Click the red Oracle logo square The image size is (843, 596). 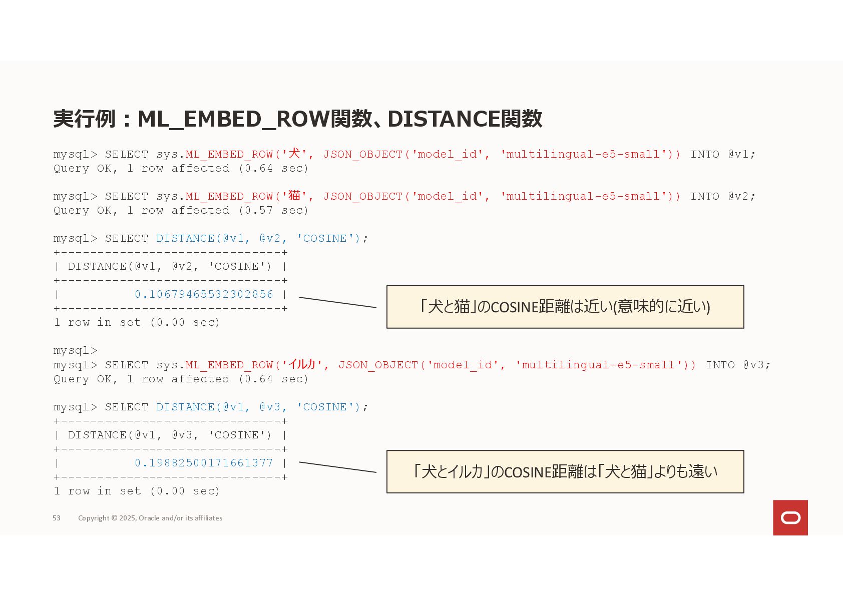pos(790,517)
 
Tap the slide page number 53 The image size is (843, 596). pos(57,518)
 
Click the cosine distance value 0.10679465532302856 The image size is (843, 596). pos(204,294)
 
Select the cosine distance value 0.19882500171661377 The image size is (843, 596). pos(204,463)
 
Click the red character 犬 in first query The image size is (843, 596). pos(294,153)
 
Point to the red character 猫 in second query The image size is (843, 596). pos(294,195)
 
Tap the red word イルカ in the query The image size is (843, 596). pos(302,364)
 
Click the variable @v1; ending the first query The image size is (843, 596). pos(741,154)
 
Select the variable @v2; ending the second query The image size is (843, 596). pos(741,196)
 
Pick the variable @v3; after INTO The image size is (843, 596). pos(756,365)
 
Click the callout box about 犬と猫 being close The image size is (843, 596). pos(565,307)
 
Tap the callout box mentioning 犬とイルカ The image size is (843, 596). pos(565,471)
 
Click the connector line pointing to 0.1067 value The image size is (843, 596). pos(337,302)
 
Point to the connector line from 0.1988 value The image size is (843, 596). pos(337,467)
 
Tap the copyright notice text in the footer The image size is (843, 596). pos(150,518)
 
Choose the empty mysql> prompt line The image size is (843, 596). pos(76,350)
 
